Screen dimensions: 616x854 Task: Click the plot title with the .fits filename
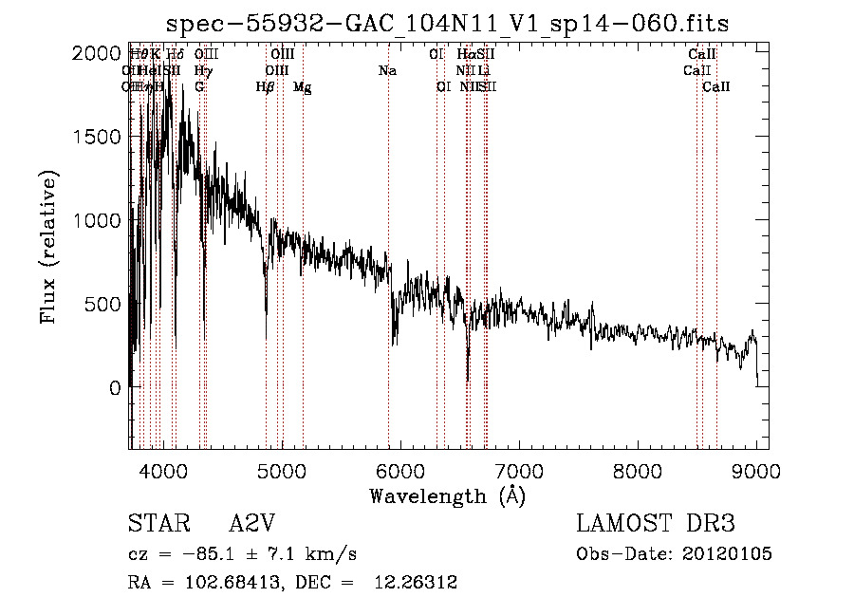click(x=447, y=24)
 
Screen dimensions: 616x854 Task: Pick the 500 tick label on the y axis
click(x=102, y=304)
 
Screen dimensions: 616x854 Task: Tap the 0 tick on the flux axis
click(x=115, y=387)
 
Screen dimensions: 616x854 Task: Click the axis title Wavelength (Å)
click(x=447, y=495)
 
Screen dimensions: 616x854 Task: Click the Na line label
click(x=387, y=71)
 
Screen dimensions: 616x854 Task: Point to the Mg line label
click(x=302, y=87)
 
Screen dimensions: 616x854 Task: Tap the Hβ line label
click(x=265, y=87)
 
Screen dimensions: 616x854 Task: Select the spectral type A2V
click(x=251, y=524)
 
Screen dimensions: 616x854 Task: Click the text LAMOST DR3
click(x=656, y=524)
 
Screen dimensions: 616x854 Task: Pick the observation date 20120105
click(x=728, y=553)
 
